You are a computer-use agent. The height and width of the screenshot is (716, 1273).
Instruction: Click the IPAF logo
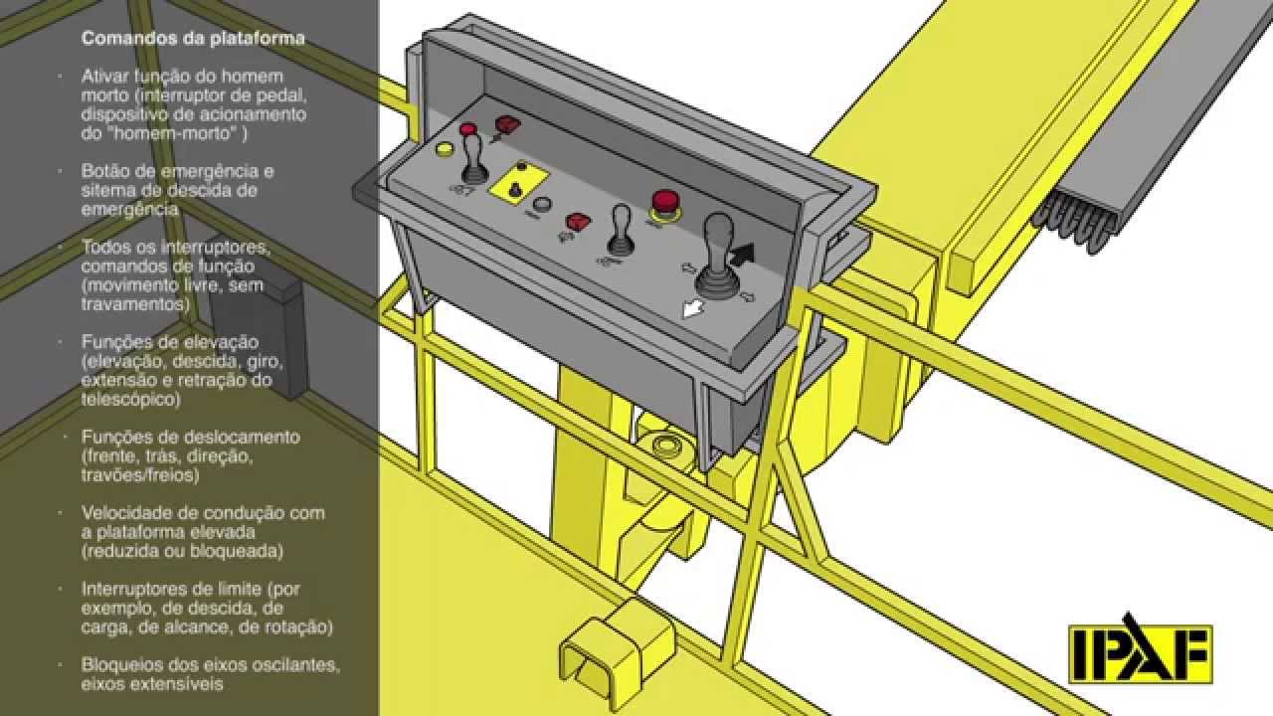tap(1140, 649)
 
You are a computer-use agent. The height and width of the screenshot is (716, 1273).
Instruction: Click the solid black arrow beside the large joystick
tap(743, 255)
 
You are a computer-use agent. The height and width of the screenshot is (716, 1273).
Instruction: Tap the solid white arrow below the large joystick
tap(693, 309)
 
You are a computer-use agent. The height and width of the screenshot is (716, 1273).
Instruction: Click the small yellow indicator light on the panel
tap(444, 149)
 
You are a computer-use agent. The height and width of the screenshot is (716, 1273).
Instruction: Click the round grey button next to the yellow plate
tap(542, 204)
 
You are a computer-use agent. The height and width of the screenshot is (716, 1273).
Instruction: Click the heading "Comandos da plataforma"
tap(193, 38)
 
